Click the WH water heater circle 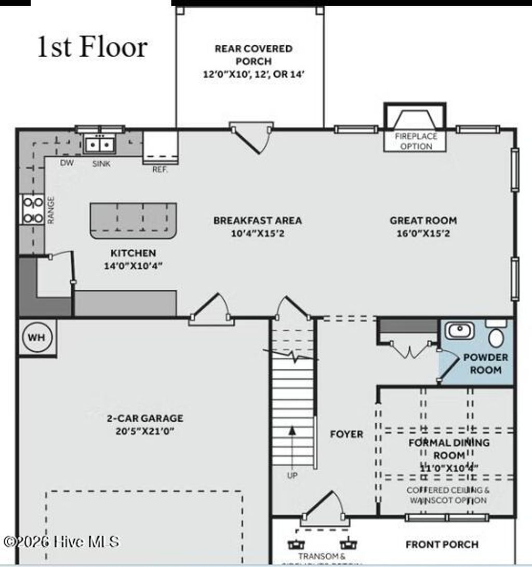tap(36, 337)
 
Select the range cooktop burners tap(32, 210)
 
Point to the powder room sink tap(459, 330)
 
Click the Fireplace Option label tap(416, 141)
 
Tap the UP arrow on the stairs tap(292, 432)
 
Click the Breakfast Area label tap(257, 221)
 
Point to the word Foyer tap(347, 434)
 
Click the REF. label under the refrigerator tap(160, 170)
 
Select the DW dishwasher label tap(67, 163)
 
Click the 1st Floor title tap(92, 47)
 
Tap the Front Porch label tap(442, 544)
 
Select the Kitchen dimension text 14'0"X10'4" tap(133, 266)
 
